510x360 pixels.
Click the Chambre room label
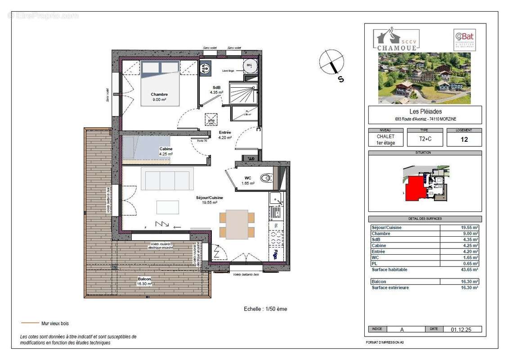pos(159,97)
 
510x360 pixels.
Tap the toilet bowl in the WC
pos(267,178)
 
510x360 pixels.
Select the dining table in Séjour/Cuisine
pos(237,224)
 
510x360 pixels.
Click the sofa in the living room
pos(167,179)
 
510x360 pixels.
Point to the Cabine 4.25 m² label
pos(166,151)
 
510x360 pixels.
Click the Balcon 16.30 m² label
pos(144,281)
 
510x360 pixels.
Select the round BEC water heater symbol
pos(249,66)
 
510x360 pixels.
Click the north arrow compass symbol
pos(332,63)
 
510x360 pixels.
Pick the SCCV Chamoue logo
pos(396,38)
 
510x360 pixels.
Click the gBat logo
pos(464,40)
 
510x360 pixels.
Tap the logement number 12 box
pos(464,139)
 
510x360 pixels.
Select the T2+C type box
pos(418,139)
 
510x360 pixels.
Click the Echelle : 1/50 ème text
pos(265,309)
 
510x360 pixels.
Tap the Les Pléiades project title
pos(425,112)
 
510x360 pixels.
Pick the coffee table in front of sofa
pos(167,207)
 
